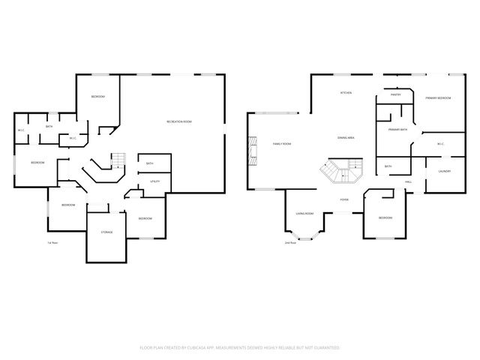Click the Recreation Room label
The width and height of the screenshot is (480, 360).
pos(180,121)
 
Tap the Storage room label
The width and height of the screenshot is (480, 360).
pos(107,232)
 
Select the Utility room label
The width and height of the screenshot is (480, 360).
pos(154,181)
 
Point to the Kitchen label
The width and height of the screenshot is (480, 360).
pos(346,93)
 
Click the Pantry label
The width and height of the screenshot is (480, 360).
pos(396,95)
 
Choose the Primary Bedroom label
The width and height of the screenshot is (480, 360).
pos(438,98)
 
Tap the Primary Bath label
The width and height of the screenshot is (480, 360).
pos(397,130)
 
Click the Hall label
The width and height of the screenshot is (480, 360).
pos(409,181)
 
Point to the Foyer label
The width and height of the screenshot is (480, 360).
pos(344,200)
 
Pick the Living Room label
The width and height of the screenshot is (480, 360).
pos(304,214)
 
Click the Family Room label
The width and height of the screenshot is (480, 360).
pos(282,143)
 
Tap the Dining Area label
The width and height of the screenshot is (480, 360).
pos(346,138)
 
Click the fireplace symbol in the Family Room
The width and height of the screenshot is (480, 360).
pos(254,151)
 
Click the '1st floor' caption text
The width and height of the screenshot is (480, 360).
pos(52,243)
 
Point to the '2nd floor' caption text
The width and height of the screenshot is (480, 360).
pos(289,243)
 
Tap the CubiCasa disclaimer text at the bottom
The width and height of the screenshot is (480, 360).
pos(240,348)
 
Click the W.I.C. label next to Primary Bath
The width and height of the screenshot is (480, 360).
pos(440,144)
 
